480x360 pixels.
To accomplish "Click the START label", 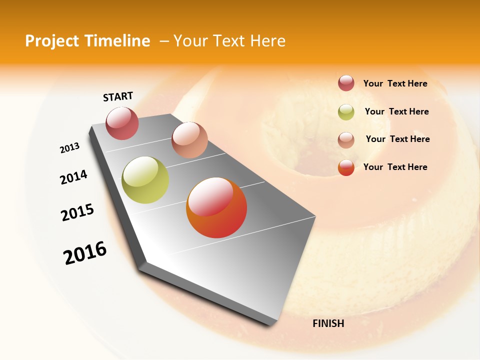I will point(118,96).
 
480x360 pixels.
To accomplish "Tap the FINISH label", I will point(328,323).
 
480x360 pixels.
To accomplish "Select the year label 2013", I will point(69,148).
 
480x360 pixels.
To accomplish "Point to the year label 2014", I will point(73,177).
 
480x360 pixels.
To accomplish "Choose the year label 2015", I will point(77,212).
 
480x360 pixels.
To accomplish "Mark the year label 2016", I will point(85,253).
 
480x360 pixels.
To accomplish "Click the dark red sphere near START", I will point(122,123).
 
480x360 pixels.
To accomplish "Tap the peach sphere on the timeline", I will point(189,139).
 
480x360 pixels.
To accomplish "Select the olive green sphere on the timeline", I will point(145,180).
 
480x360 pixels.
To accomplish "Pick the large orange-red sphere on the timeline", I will point(216,207).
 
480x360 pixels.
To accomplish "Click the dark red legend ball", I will point(346,83).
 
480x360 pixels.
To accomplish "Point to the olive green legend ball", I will point(346,112).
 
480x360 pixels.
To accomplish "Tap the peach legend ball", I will point(346,139).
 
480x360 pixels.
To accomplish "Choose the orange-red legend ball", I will point(346,167).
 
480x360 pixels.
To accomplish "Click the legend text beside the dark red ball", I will point(395,84).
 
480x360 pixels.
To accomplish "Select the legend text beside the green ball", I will point(396,111).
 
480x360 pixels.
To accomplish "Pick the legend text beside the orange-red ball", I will point(395,167).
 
